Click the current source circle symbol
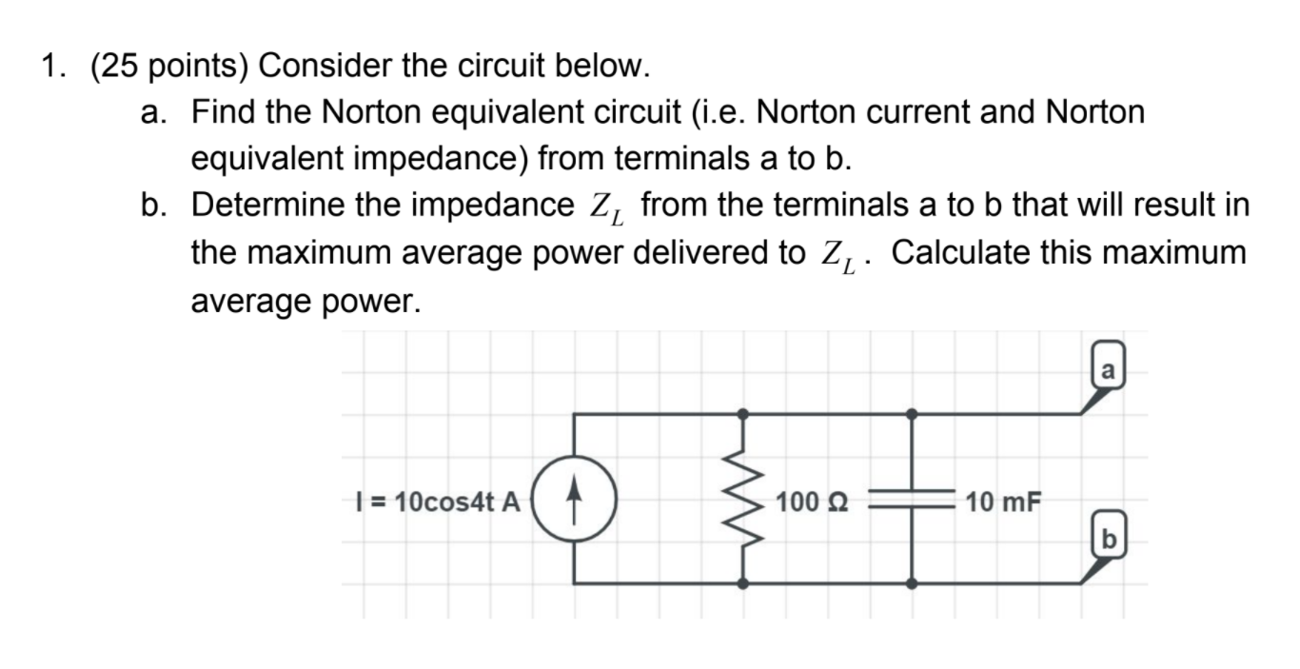pos(573,500)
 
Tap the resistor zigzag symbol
pos(742,499)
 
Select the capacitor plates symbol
pos(912,499)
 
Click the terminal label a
pos(1108,368)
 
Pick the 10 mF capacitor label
pos(1003,501)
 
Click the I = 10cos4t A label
pos(436,502)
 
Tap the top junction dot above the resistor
pos(742,414)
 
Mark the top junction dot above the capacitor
pos(912,414)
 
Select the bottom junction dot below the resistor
pos(742,583)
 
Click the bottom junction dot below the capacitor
pos(912,583)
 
